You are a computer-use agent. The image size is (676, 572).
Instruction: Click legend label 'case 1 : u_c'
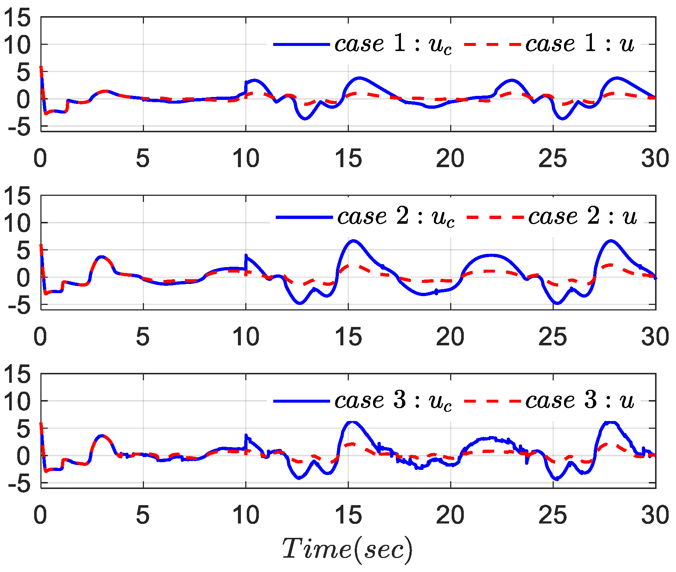(x=393, y=44)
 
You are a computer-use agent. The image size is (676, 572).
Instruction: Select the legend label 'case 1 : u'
(x=579, y=44)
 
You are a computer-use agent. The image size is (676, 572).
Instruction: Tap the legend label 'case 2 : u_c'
(x=396, y=217)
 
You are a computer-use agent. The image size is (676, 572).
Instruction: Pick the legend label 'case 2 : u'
(x=582, y=217)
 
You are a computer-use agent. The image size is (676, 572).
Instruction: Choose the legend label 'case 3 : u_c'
(x=393, y=401)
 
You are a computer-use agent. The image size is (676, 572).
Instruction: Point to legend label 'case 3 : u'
(x=579, y=401)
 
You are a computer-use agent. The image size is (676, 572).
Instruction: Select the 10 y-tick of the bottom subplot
(x=17, y=401)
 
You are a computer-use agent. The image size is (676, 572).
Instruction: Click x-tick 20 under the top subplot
(x=450, y=159)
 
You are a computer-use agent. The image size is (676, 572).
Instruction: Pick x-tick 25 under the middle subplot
(x=553, y=337)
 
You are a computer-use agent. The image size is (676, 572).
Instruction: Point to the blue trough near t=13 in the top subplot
(x=305, y=119)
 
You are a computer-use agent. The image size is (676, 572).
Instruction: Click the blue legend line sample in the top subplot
(x=301, y=44)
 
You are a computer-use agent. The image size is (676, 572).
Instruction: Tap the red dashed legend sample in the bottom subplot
(x=492, y=401)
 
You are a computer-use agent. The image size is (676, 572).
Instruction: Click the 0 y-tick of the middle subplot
(x=24, y=278)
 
